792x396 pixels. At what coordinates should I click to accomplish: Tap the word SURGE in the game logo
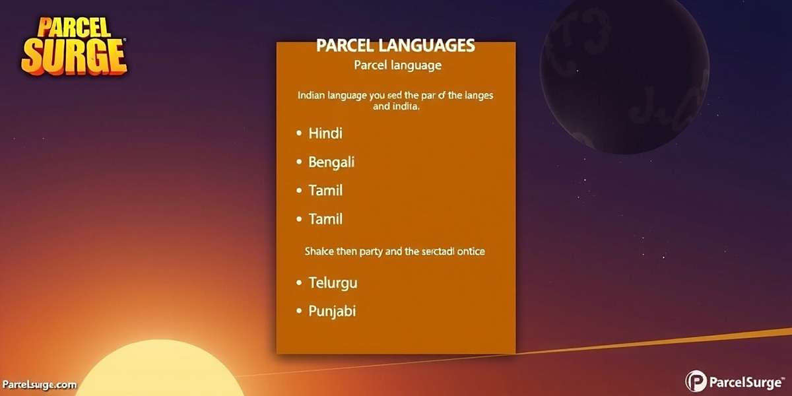[73, 57]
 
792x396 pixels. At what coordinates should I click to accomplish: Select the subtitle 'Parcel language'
[397, 66]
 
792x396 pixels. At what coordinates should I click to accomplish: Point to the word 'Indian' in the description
[315, 96]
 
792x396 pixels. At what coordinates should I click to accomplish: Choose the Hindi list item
[325, 133]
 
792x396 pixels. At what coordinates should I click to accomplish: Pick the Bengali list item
[331, 162]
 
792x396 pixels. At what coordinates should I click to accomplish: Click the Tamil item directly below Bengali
[325, 191]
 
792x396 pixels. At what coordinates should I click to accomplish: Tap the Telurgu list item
[333, 283]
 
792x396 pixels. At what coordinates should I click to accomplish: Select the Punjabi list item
[332, 311]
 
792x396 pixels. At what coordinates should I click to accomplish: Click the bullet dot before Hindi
[298, 134]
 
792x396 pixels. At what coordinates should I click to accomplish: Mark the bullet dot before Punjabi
[298, 312]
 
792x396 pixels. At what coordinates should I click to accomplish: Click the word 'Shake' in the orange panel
[319, 251]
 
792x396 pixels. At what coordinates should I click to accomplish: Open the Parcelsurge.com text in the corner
[40, 385]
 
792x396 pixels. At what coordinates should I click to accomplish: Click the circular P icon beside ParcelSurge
[696, 381]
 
